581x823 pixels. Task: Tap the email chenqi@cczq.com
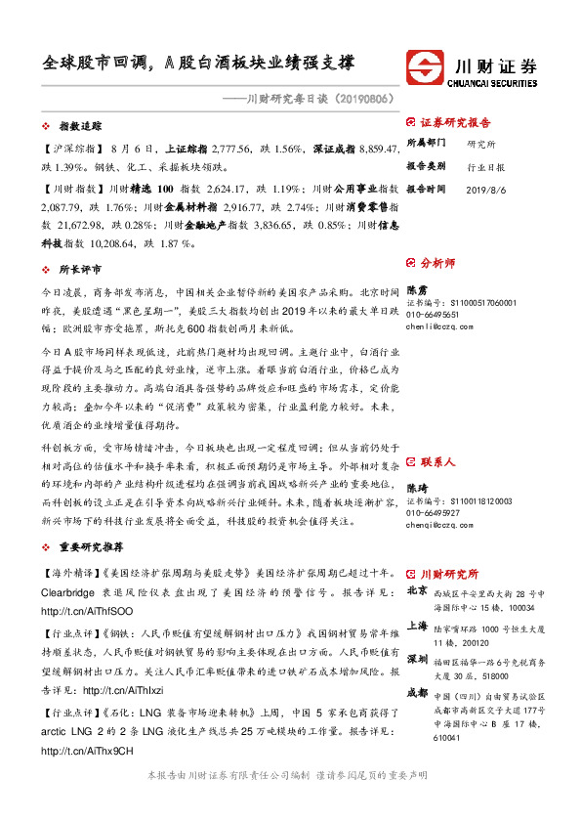pos(440,524)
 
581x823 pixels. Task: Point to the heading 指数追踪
pos(80,127)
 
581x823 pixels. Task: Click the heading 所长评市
pos(80,268)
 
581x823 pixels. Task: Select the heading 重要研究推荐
pos(91,547)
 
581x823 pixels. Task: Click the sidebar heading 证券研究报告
pos(455,123)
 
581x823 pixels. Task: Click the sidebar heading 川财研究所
pos(448,574)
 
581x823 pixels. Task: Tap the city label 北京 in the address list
pos(416,590)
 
